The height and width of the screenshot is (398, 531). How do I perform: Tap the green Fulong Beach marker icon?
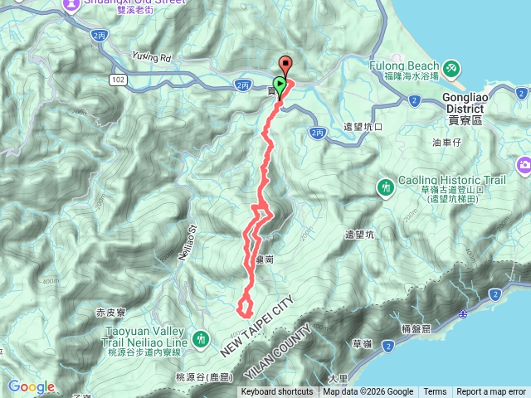click(451, 66)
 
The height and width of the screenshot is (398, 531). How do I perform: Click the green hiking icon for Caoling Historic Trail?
click(387, 188)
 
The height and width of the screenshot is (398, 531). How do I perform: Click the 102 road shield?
click(117, 79)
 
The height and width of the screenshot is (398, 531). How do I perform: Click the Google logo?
click(32, 386)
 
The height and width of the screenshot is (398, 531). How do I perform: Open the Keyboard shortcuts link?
click(277, 392)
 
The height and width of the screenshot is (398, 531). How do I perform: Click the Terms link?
click(435, 392)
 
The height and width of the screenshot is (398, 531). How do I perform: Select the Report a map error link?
click(490, 392)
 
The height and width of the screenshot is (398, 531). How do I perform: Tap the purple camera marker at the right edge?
click(524, 166)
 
